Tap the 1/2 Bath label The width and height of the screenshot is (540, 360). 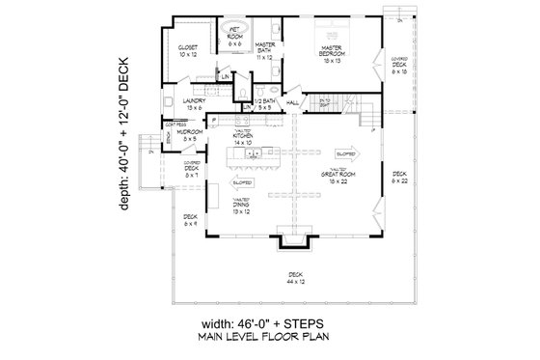[x=265, y=102]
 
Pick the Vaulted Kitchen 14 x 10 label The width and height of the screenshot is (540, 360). [x=243, y=139]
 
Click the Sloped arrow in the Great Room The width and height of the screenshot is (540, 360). [x=342, y=152]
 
